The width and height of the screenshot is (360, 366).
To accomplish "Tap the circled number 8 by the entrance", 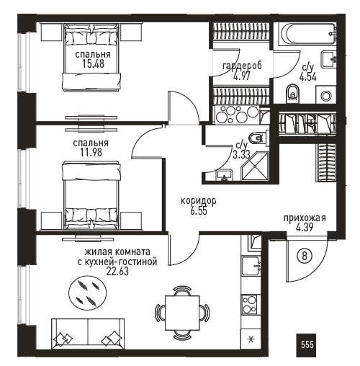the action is tap(305, 256).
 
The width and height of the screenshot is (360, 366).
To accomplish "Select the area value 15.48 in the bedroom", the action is tap(93, 64).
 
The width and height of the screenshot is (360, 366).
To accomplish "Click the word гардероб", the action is tap(242, 66).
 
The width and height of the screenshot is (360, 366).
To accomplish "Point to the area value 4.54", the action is tap(308, 77).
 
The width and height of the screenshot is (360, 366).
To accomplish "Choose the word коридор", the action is tap(199, 201).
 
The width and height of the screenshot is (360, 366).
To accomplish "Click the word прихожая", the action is tap(305, 218).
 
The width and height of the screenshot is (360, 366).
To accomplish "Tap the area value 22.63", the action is tap(117, 271).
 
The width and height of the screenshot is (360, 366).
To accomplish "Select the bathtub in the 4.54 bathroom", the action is tap(308, 34).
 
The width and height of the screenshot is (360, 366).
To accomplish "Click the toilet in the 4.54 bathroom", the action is tap(293, 93).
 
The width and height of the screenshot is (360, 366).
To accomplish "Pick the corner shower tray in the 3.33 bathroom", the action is tap(255, 166).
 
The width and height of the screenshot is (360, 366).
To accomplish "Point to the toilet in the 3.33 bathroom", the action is tap(258, 138).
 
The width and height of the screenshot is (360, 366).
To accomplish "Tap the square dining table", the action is tap(182, 313).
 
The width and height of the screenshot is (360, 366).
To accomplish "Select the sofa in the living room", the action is tap(88, 334).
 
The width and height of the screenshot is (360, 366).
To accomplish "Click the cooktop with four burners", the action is tap(250, 304).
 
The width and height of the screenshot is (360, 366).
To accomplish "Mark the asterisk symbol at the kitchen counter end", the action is tap(251, 339).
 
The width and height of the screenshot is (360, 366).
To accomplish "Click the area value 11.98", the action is tap(91, 152).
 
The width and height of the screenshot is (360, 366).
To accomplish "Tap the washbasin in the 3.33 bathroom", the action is tap(225, 174).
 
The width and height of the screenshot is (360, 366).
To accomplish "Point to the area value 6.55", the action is tap(199, 211).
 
